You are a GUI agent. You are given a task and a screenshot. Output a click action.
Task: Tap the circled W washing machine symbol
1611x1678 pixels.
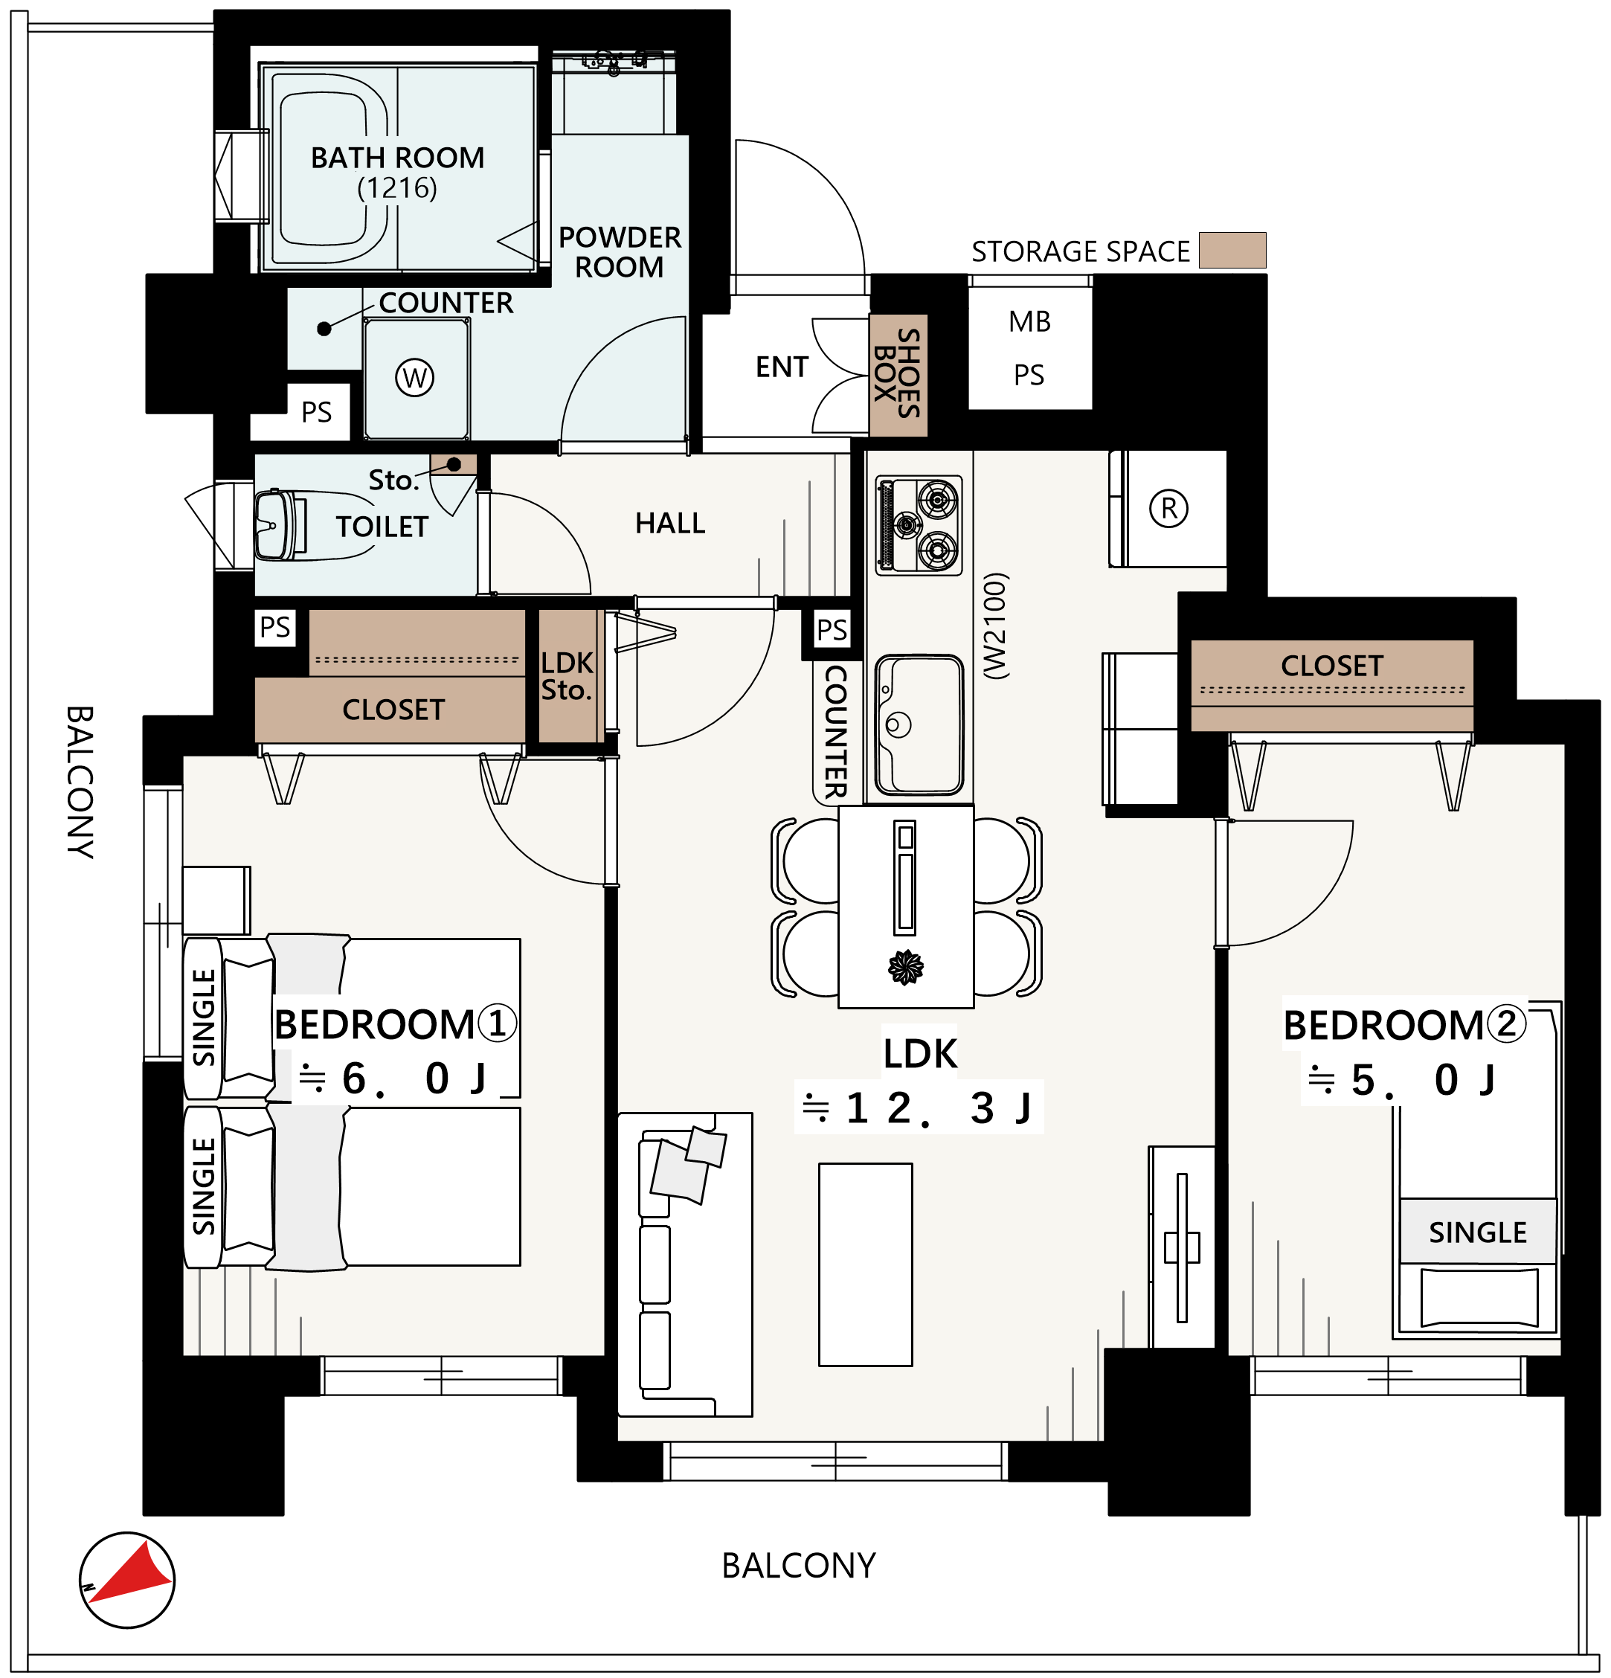(x=415, y=378)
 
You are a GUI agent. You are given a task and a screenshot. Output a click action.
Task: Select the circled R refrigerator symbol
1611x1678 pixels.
(x=1168, y=509)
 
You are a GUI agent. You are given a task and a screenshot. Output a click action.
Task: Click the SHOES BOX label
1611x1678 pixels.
(x=898, y=373)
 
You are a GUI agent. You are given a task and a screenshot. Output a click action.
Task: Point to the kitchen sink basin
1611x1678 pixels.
(x=920, y=724)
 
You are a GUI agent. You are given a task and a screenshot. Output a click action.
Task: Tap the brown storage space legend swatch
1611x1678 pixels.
(x=1232, y=250)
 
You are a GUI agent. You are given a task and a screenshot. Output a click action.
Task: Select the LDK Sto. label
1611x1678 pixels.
(x=567, y=676)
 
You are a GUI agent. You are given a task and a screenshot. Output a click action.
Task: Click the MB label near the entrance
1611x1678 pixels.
(x=1030, y=322)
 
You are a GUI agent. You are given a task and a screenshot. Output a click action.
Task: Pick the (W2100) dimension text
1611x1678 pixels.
(x=996, y=626)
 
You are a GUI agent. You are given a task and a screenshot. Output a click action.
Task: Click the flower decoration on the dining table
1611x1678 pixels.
(x=906, y=968)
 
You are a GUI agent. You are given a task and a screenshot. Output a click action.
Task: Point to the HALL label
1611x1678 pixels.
(x=670, y=523)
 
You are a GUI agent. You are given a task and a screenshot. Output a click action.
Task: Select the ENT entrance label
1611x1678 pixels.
(x=782, y=367)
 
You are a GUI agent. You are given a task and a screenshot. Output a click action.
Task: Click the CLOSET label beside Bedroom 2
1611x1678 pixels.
(x=1332, y=665)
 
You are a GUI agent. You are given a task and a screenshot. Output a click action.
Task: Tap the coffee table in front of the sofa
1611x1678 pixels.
(x=866, y=1264)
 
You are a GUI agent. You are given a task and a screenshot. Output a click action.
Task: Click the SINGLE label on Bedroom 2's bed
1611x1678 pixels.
(x=1477, y=1232)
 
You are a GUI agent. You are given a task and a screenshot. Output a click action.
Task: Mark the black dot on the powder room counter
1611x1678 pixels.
(x=324, y=329)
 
